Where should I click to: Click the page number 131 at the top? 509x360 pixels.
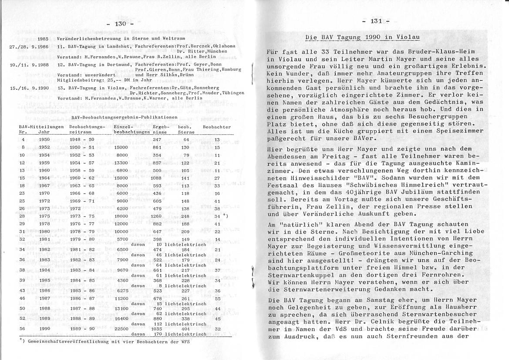[x=376, y=21]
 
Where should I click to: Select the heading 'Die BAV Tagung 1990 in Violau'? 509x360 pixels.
[x=362, y=37]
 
